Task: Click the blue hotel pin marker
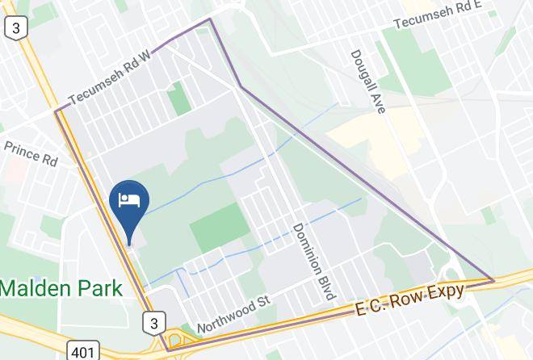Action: coord(128,202)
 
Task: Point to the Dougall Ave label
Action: coord(368,82)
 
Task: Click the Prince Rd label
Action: coord(31,153)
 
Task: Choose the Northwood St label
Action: coord(233,316)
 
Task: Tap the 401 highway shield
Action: coord(83,350)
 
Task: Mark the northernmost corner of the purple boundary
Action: coord(210,19)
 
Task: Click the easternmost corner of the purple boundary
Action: coord(493,280)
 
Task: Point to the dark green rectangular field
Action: coord(220,226)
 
